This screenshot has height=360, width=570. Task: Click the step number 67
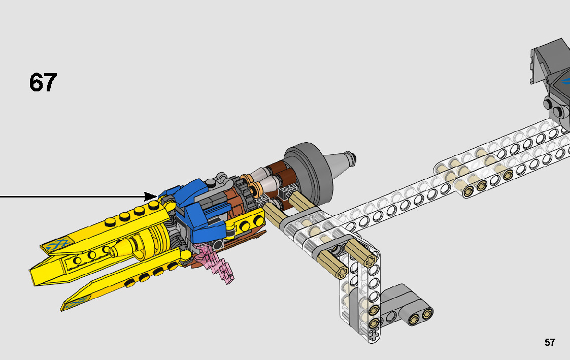tap(43, 83)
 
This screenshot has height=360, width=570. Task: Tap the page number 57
tap(550, 342)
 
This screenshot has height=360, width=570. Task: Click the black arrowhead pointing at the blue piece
tap(151, 197)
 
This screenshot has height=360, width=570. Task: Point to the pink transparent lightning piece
tap(215, 263)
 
